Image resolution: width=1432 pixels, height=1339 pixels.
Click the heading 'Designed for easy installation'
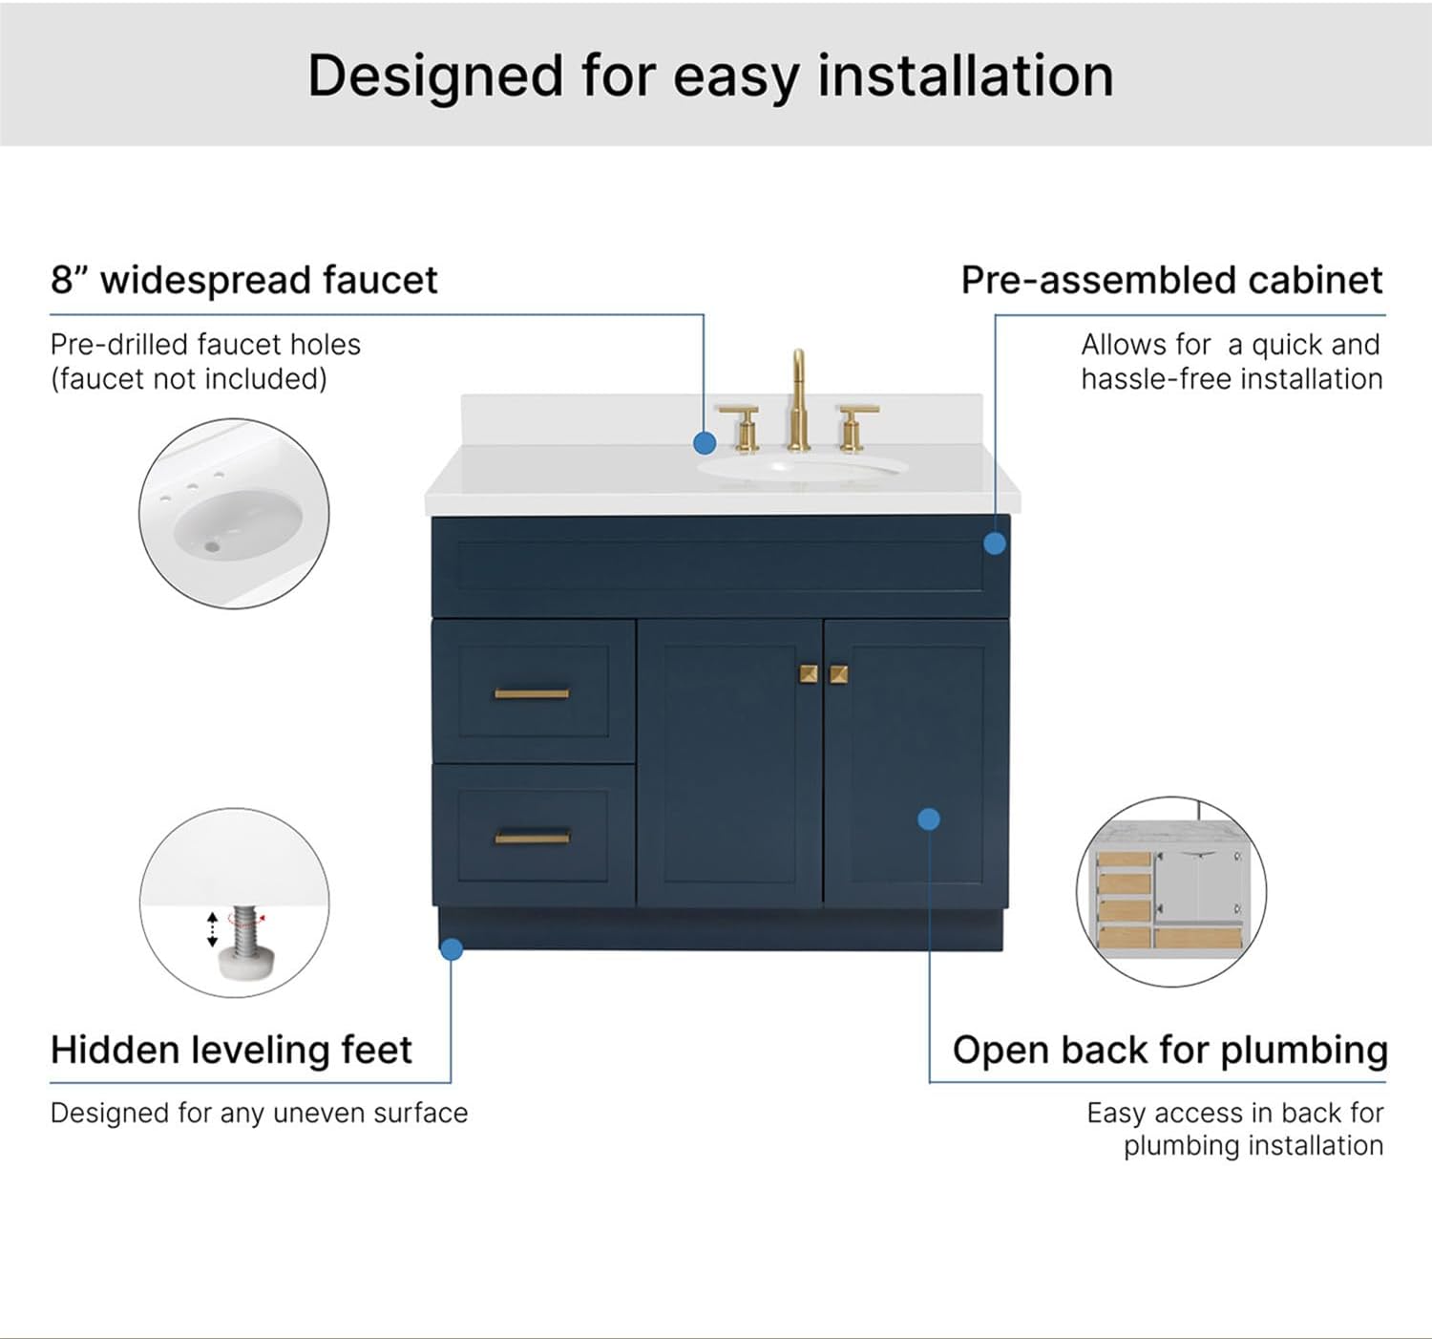[x=710, y=76]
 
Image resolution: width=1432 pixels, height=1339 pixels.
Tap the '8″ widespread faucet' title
[x=243, y=280]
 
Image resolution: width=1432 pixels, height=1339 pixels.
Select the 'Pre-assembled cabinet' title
[x=1171, y=280]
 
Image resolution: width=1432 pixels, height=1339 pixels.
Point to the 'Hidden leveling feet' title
[x=231, y=1050]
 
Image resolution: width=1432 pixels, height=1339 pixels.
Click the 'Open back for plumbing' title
[x=1169, y=1050]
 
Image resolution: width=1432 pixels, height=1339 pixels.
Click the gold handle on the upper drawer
[x=532, y=693]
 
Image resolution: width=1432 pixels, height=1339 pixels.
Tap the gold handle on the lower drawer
[x=532, y=838]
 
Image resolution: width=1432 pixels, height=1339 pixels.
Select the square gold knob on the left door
[x=809, y=674]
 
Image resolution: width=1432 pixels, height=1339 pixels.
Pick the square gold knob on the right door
[x=839, y=674]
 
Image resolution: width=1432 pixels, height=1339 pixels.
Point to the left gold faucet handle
[x=741, y=426]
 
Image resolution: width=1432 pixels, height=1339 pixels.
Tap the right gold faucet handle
[x=856, y=426]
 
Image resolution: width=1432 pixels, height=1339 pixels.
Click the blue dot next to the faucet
[x=705, y=443]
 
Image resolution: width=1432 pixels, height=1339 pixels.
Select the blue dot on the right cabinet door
[x=929, y=818]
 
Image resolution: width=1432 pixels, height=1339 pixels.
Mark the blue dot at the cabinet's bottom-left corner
[x=452, y=948]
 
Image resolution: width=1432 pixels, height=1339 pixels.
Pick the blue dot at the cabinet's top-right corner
[x=995, y=543]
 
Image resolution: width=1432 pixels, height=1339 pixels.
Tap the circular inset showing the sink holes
[x=234, y=513]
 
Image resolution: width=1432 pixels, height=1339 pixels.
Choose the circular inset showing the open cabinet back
[x=1171, y=891]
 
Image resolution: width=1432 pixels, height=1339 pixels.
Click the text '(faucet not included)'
[x=189, y=379]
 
